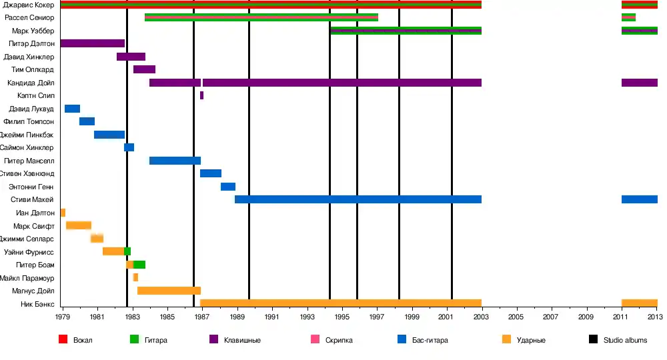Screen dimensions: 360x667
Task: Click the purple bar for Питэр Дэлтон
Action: (92, 43)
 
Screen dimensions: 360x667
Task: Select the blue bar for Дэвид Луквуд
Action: (72, 109)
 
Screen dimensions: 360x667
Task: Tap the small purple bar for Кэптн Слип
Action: (201, 95)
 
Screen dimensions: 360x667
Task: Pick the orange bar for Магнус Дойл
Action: (169, 291)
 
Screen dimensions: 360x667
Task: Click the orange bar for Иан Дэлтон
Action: (63, 213)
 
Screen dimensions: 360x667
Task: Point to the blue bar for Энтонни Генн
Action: (228, 187)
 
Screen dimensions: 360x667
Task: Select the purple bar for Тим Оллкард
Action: (144, 69)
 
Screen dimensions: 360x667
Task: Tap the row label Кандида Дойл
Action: (31, 83)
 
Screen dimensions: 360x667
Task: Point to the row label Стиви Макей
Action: (32, 200)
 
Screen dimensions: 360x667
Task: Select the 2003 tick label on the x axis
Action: (481, 317)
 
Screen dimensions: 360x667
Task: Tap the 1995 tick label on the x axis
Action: (342, 317)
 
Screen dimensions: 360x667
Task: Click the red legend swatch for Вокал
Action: (63, 340)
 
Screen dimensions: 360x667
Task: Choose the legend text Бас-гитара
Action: (430, 341)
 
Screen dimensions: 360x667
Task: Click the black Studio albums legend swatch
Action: (593, 340)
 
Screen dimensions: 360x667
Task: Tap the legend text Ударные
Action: (532, 341)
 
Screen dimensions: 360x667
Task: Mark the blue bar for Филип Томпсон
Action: (87, 121)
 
